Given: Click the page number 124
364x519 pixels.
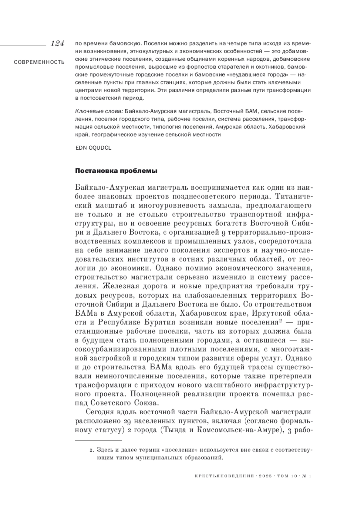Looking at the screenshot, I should [x=57, y=44].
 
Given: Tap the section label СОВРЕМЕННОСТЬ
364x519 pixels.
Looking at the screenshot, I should [x=39, y=62].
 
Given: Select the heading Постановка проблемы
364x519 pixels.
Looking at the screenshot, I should [x=116, y=171].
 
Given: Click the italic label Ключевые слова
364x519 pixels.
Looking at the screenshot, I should [x=99, y=111].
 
